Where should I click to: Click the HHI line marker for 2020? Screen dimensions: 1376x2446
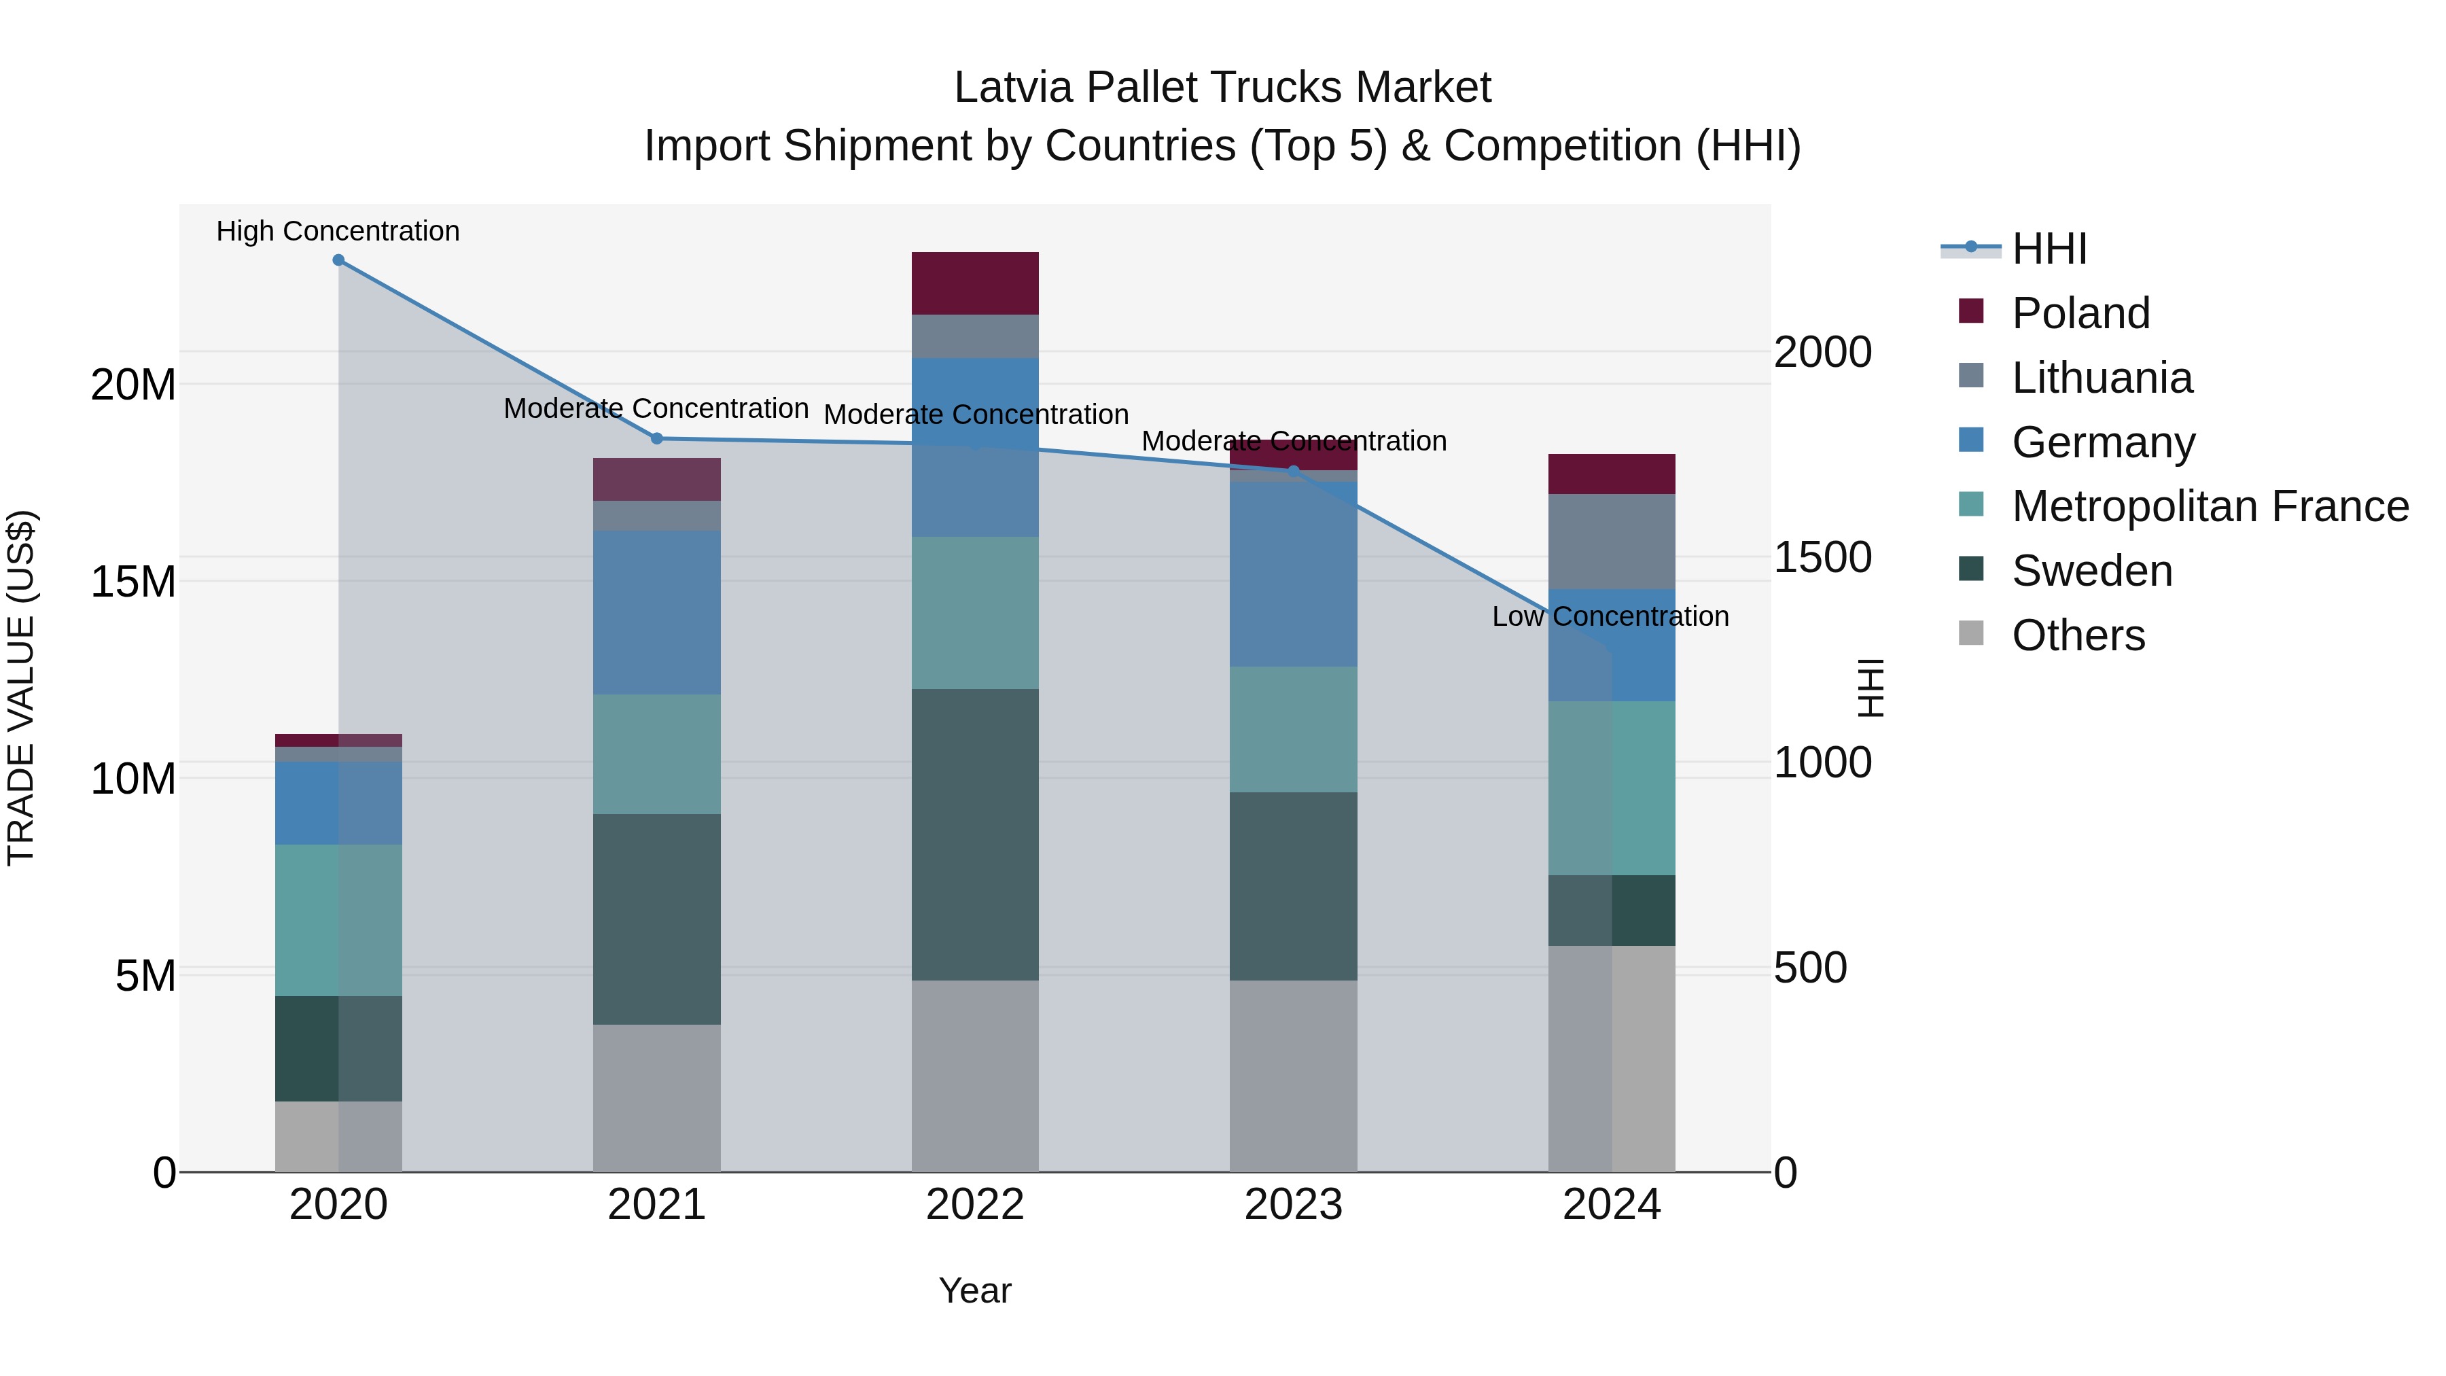pos(338,260)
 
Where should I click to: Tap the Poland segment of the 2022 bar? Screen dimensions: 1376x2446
pos(974,283)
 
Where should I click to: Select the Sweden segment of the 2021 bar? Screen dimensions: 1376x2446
pos(656,918)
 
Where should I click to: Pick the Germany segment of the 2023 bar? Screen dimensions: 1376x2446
pos(1292,574)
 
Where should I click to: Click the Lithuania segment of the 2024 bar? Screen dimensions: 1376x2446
pos(1612,542)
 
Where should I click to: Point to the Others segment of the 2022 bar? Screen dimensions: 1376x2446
pos(974,1075)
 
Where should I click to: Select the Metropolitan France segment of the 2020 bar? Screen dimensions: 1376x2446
pos(338,919)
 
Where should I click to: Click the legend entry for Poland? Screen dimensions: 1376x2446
pos(2080,313)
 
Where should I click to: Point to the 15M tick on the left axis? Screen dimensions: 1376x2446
pos(133,581)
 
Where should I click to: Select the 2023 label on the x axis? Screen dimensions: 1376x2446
pos(1292,1205)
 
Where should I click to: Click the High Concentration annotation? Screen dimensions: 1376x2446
pos(338,231)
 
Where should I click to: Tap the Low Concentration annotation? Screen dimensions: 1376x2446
pos(1610,616)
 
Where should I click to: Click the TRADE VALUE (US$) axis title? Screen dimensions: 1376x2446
pos(22,688)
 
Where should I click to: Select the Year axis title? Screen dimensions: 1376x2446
pos(974,1290)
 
